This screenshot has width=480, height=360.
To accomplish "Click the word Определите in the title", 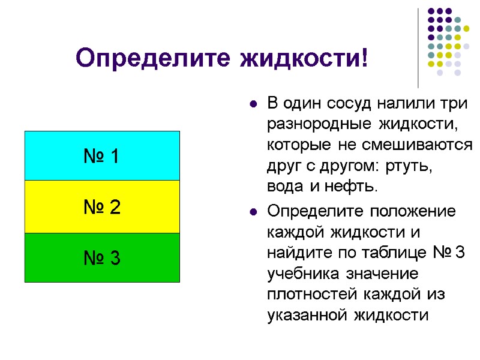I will tap(154, 59).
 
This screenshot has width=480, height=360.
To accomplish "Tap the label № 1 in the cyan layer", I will tap(101, 157).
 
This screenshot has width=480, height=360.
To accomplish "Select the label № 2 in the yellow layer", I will tap(101, 208).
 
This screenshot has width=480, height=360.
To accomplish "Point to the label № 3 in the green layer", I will tap(101, 259).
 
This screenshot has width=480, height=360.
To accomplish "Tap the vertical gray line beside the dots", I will tap(418, 48).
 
